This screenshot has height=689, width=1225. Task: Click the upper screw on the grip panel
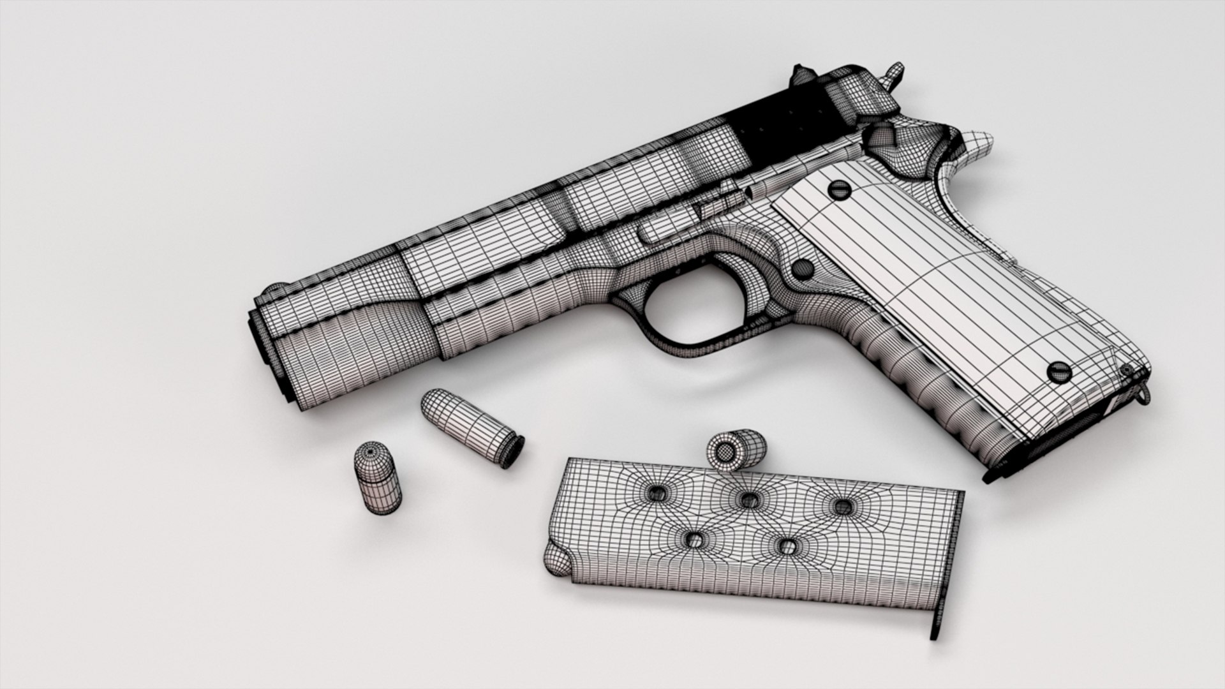click(x=838, y=188)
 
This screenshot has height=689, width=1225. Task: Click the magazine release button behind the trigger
click(x=803, y=268)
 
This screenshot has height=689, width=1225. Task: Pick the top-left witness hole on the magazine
click(x=657, y=492)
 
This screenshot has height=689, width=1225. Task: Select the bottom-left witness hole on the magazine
click(x=695, y=540)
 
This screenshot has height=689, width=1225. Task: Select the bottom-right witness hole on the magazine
click(x=789, y=545)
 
